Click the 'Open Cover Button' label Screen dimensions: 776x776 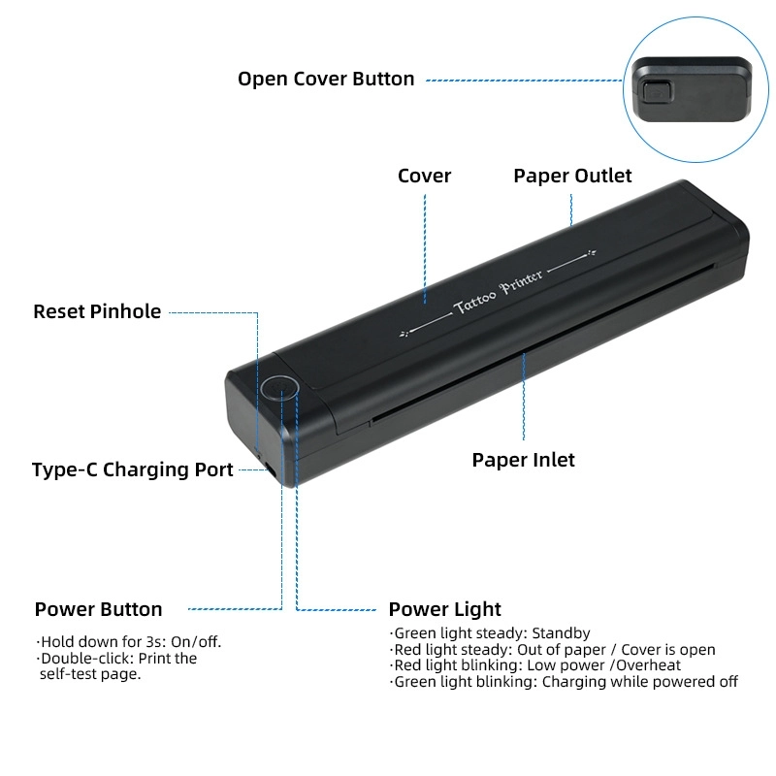tap(326, 80)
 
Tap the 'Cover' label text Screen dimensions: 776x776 tap(425, 176)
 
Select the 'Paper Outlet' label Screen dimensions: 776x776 tap(572, 176)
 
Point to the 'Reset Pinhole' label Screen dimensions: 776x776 tap(97, 311)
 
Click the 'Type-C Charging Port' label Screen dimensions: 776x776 tap(133, 470)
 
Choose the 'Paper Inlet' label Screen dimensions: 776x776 tap(524, 460)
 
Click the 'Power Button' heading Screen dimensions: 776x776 tap(99, 609)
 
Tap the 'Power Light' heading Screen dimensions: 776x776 tap(445, 609)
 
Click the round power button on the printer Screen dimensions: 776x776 tap(279, 388)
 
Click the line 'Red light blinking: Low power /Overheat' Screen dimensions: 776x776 tap(536, 665)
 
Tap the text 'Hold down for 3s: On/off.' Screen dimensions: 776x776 tap(136, 641)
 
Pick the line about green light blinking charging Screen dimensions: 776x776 tap(565, 682)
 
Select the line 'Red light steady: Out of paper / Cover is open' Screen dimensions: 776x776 tap(553, 650)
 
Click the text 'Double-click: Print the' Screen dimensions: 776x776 tap(117, 658)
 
